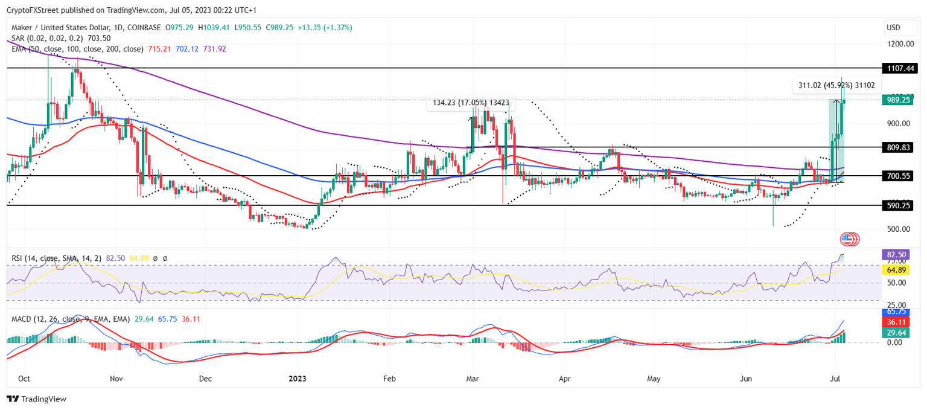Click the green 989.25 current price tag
896,100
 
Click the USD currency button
893,28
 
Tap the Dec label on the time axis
205,379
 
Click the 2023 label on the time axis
298,379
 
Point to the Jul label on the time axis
836,379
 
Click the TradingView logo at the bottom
36,399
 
